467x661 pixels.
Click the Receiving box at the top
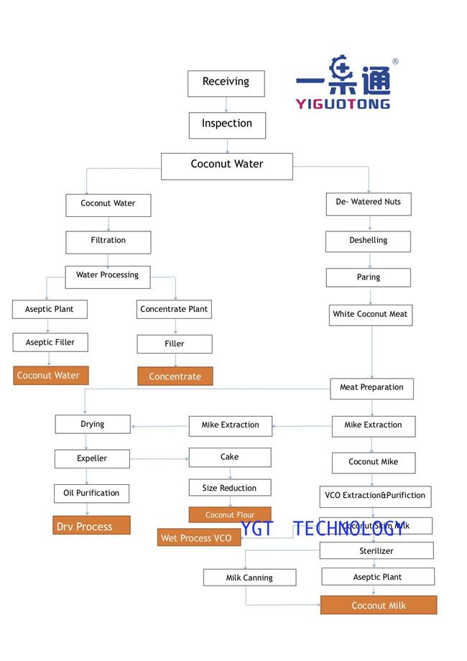226,83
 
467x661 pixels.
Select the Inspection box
227,124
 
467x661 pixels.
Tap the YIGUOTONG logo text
343,103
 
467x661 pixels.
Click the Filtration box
108,241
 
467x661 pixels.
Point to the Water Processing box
108,276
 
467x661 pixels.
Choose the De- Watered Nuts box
368,203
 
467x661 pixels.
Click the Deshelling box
368,241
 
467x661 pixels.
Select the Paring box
368,277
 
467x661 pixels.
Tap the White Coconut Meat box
370,315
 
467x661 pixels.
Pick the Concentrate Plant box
174,310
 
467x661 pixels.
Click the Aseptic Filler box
50,343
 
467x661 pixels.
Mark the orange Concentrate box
175,376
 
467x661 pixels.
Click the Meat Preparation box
371,388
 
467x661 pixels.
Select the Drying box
93,425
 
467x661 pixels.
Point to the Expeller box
92,458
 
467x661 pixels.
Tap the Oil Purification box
91,493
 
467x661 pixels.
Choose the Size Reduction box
230,489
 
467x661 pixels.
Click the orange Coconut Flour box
230,514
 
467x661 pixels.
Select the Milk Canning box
249,578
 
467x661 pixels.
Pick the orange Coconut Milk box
378,606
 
